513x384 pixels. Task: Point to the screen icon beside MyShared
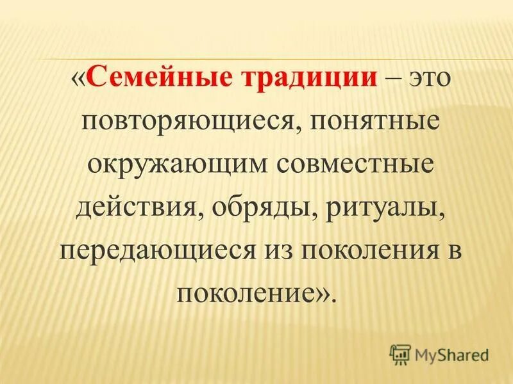click(399, 353)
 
